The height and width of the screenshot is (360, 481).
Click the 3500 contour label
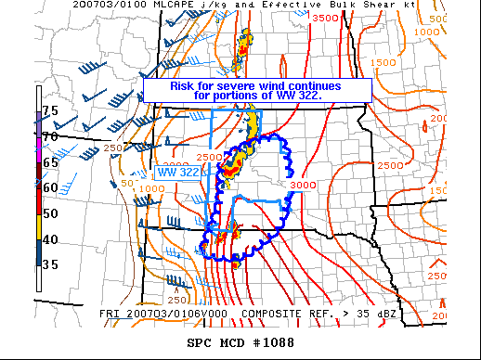pos(325,18)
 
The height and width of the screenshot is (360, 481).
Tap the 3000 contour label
pos(304,186)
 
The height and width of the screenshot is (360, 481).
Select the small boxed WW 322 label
pos(178,172)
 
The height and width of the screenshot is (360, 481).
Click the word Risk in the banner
pos(184,86)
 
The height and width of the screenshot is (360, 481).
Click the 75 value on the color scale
pos(50,110)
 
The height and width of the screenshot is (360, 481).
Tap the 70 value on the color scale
pos(50,135)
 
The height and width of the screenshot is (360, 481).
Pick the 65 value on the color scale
pos(50,161)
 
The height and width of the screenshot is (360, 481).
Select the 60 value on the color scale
pos(50,186)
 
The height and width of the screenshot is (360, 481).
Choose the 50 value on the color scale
pos(50,212)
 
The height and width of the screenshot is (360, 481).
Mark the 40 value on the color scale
pos(50,238)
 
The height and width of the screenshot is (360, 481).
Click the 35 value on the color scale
pos(50,264)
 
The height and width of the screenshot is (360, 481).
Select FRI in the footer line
pos(110,314)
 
